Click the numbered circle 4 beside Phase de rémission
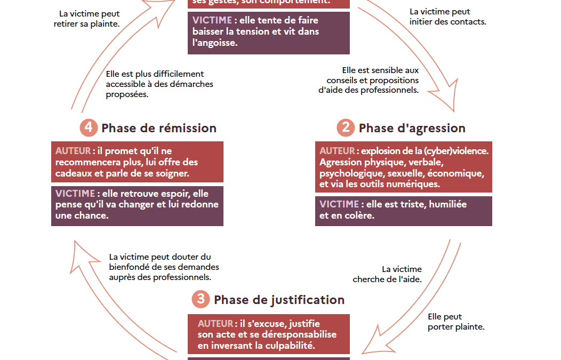pyautogui.click(x=88, y=128)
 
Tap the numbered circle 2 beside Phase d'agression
pyautogui.click(x=346, y=128)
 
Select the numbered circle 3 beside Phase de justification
pyautogui.click(x=201, y=299)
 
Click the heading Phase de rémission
pyautogui.click(x=159, y=128)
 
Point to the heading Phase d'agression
pyautogui.click(x=412, y=128)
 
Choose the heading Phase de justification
pyautogui.click(x=279, y=300)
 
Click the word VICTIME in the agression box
pyautogui.click(x=339, y=204)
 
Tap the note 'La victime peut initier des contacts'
pyautogui.click(x=447, y=17)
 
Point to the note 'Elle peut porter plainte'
pyautogui.click(x=456, y=322)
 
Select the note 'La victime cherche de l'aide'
pyautogui.click(x=387, y=274)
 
